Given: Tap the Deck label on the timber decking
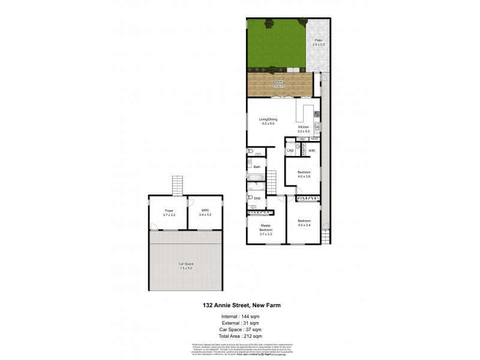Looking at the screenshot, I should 278,82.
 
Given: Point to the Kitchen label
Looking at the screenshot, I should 304,128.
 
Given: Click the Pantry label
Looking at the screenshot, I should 314,139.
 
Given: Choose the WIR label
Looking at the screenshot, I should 312,150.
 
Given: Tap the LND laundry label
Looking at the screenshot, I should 290,150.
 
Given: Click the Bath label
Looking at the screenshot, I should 257,167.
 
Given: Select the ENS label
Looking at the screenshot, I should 257,198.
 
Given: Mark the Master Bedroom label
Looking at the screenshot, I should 266,228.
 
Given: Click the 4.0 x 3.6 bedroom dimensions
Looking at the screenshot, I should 304,177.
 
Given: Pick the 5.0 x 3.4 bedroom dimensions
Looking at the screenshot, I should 304,225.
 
